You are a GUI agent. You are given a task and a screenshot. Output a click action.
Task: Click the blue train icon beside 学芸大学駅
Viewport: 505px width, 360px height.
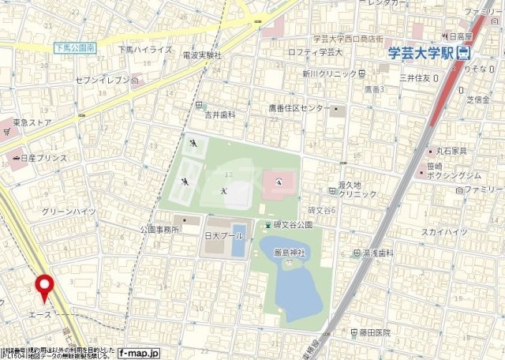point(463,53)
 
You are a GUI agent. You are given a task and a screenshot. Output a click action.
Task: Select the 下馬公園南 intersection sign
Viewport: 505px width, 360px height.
point(75,49)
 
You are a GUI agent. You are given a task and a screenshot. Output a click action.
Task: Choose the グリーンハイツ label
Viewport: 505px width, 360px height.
point(69,211)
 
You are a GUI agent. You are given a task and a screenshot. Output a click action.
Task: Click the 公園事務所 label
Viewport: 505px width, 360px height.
point(159,229)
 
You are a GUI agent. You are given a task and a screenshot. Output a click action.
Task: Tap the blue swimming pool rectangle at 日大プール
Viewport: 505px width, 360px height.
point(238,245)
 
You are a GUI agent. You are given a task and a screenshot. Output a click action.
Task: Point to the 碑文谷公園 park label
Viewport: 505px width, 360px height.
point(293,225)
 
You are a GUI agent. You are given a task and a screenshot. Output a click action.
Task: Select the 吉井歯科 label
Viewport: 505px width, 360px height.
point(220,114)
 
